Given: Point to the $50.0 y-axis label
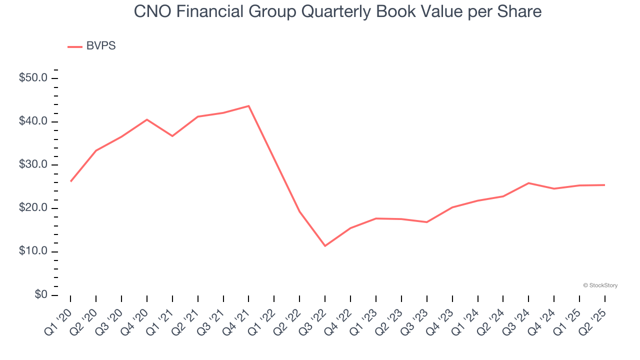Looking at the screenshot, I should click(x=33, y=78).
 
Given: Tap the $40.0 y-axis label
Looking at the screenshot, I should click(x=33, y=122).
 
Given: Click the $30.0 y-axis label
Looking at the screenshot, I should click(x=33, y=165).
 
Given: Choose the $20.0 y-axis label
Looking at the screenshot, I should click(x=33, y=208).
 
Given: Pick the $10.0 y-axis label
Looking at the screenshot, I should click(x=33, y=251).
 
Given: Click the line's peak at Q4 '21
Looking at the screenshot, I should click(x=248, y=106).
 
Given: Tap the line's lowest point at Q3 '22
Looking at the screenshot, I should click(x=325, y=246).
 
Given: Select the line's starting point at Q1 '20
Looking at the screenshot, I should click(x=70, y=181).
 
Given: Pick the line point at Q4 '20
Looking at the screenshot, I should click(x=147, y=119).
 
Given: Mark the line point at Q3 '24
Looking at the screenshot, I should click(x=528, y=183).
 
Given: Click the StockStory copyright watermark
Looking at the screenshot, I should click(x=600, y=285).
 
